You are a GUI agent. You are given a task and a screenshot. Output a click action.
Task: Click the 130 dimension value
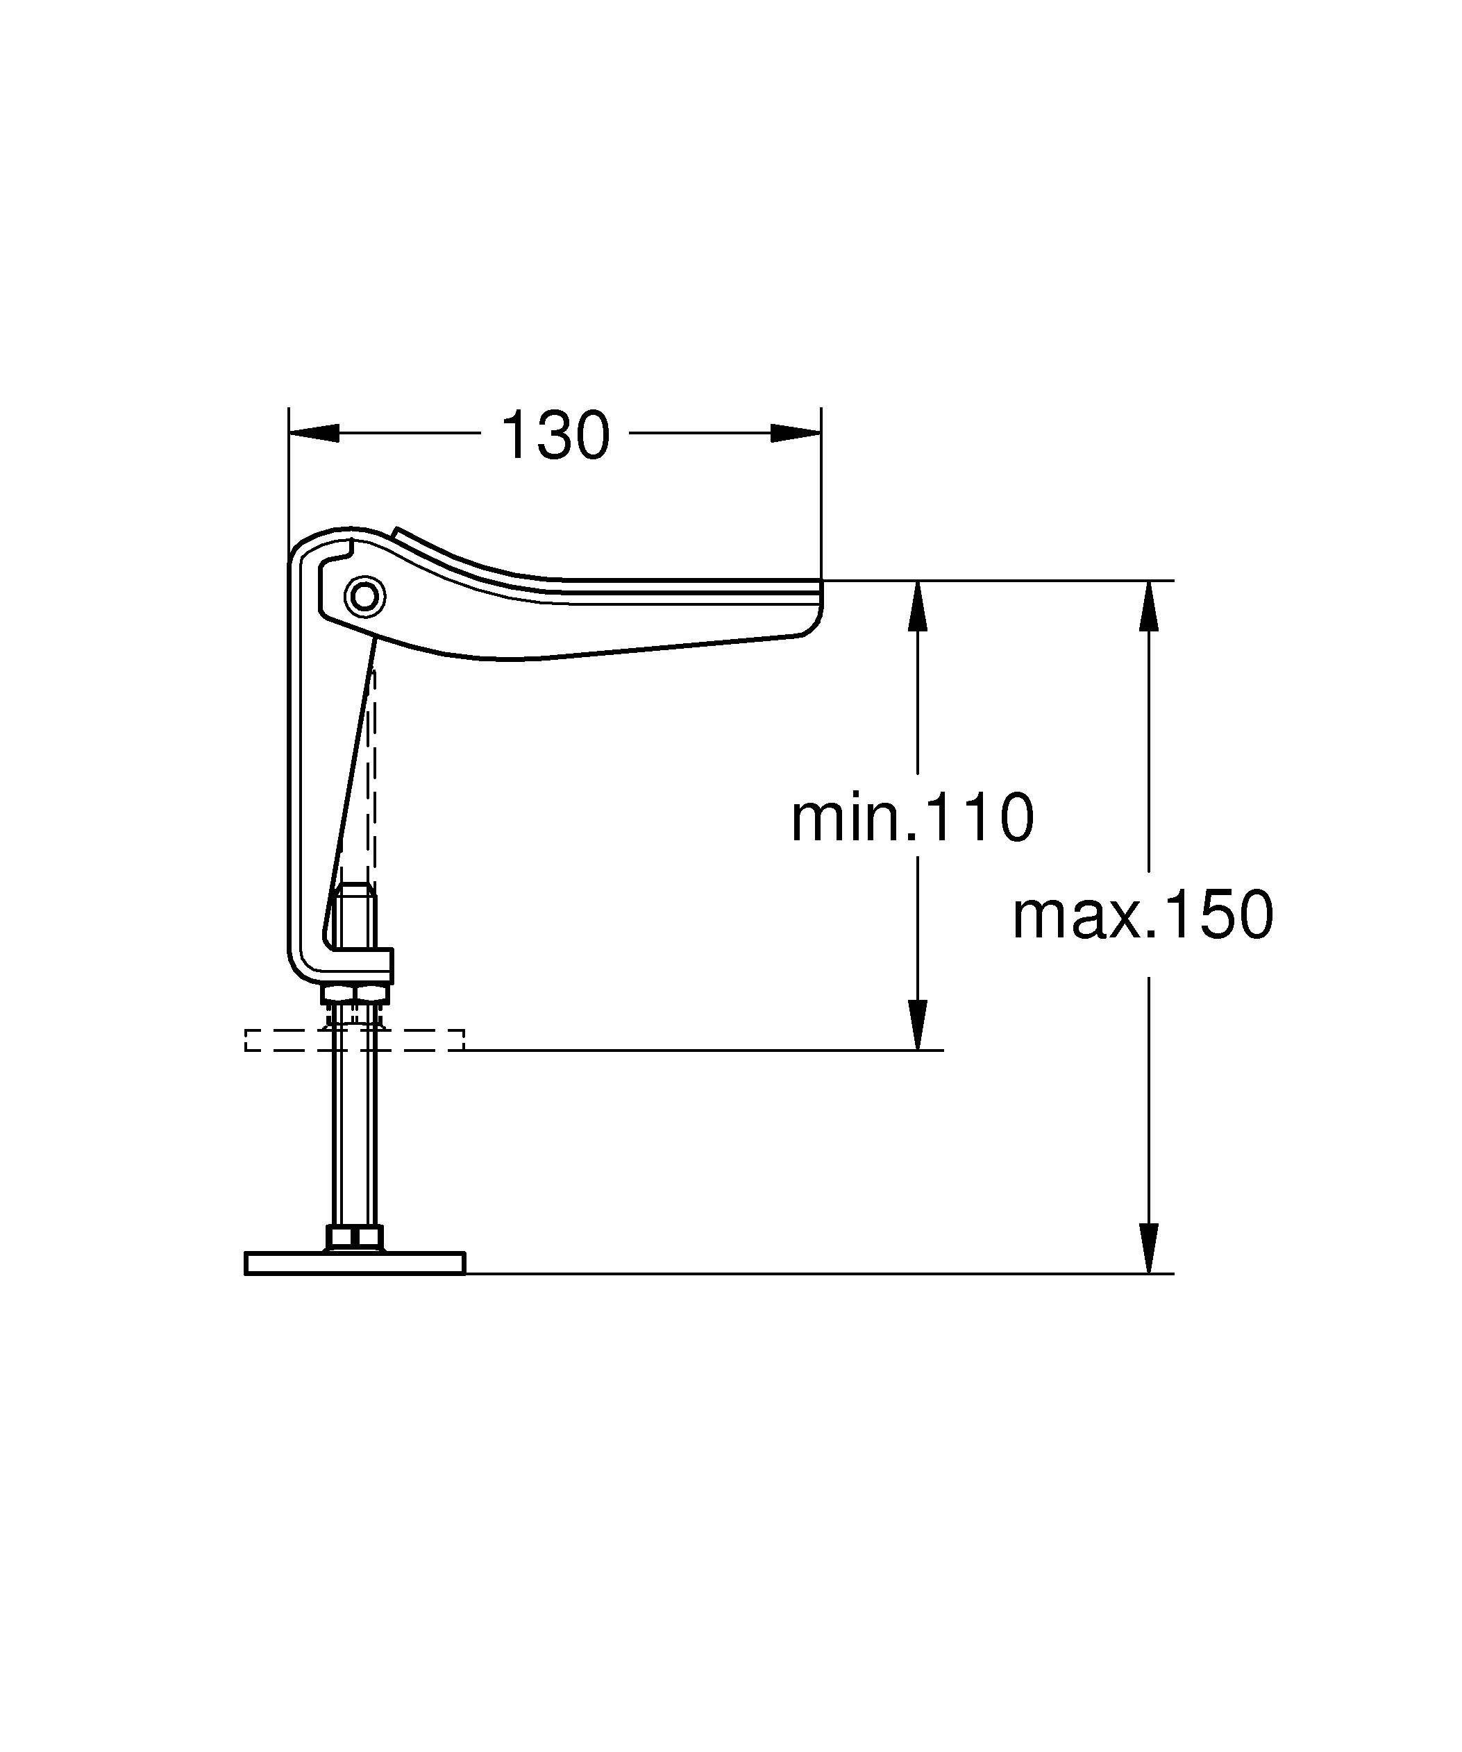coord(555,436)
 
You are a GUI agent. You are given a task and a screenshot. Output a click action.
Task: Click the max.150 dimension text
coord(1143,915)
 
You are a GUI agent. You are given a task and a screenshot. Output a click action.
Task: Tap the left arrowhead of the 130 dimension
coord(314,433)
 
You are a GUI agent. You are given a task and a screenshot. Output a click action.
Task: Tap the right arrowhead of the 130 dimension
coord(796,433)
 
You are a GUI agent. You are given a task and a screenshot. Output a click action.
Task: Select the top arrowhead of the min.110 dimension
coord(918,606)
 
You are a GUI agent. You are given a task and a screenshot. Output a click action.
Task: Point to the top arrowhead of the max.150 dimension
coord(1149,606)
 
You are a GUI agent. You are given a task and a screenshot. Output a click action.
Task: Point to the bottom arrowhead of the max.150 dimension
coord(1149,1248)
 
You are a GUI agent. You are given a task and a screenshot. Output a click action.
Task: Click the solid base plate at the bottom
coord(354,1263)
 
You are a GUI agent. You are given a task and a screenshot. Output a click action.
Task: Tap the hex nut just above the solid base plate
coord(354,1237)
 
